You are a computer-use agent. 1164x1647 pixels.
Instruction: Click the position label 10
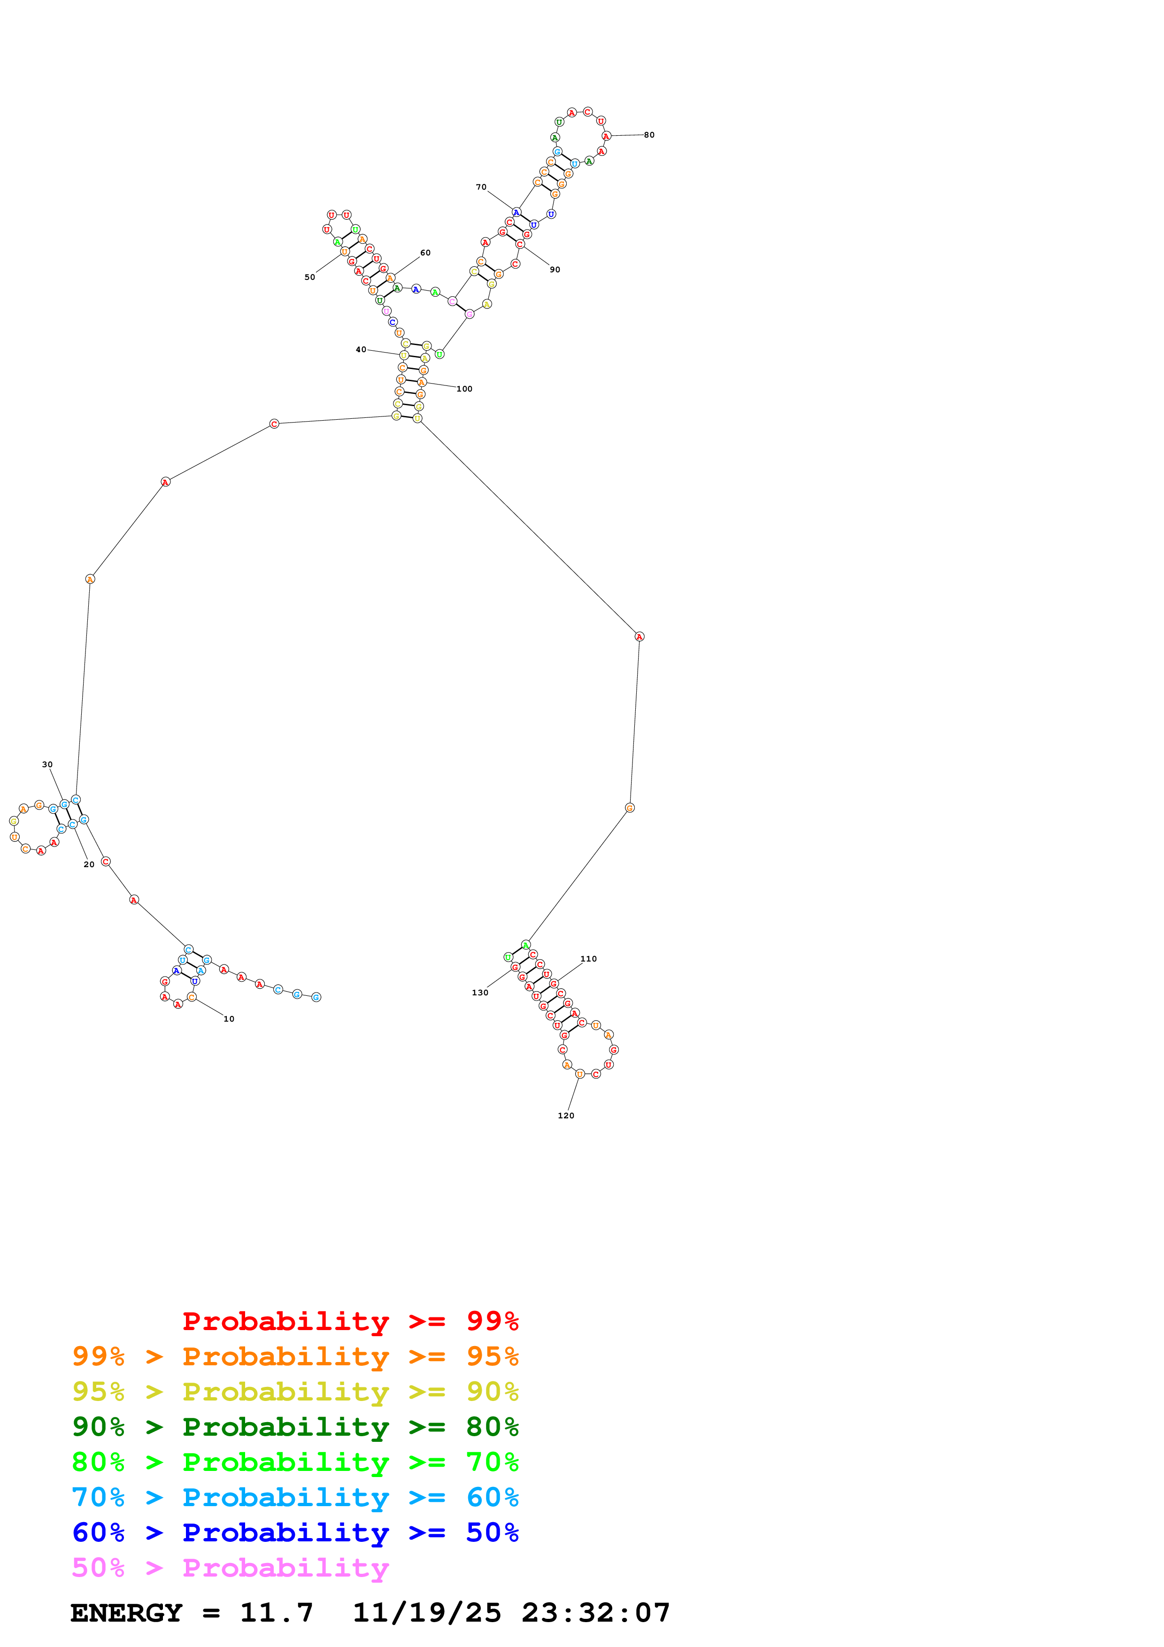tap(229, 1019)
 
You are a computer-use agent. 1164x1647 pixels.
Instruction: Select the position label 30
tap(47, 765)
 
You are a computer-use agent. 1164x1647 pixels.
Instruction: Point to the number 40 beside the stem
tap(361, 350)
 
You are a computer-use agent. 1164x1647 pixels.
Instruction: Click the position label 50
tap(310, 277)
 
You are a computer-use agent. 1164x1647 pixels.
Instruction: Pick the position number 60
tap(425, 253)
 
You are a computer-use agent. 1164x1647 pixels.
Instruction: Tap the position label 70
tap(481, 187)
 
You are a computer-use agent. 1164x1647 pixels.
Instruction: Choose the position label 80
tap(649, 135)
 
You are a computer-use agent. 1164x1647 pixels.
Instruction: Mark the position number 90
tap(555, 269)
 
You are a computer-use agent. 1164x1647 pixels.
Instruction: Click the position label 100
tap(465, 390)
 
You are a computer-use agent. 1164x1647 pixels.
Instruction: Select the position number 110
tap(589, 959)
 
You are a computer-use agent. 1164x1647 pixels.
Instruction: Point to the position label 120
tap(566, 1116)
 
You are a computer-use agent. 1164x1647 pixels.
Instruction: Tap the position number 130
tap(480, 993)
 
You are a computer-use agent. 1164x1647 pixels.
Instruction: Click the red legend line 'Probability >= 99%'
tap(350, 1321)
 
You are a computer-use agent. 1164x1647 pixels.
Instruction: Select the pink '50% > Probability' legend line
tap(230, 1568)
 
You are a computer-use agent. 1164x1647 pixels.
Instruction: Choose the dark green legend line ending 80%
tap(295, 1427)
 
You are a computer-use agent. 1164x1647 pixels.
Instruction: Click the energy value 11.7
tap(277, 1613)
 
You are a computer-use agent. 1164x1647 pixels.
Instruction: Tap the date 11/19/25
tap(427, 1613)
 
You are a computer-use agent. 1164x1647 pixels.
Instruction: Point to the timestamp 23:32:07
tap(596, 1613)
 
